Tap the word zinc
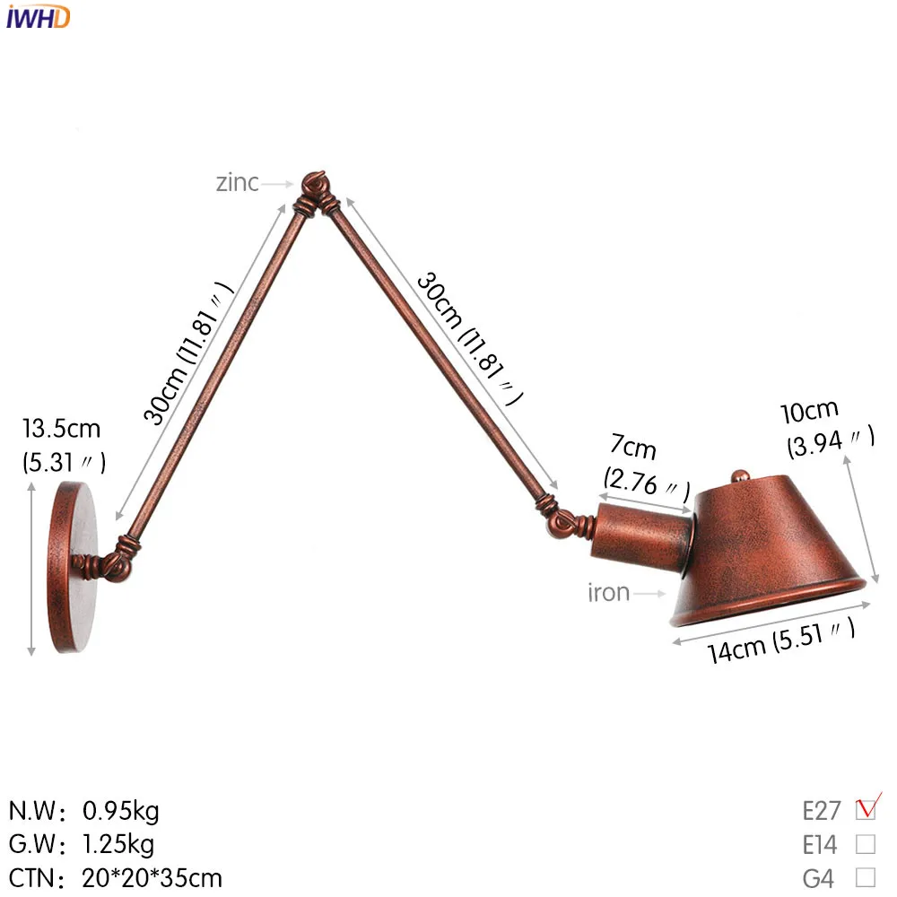[237, 183]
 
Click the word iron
[609, 593]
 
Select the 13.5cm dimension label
[62, 428]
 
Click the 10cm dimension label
[809, 411]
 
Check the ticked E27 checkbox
[866, 810]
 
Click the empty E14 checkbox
[866, 844]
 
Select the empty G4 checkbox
[866, 877]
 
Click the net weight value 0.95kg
[121, 812]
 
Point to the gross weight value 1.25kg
[118, 844]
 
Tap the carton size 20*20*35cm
[152, 877]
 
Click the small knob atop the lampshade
[739, 477]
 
